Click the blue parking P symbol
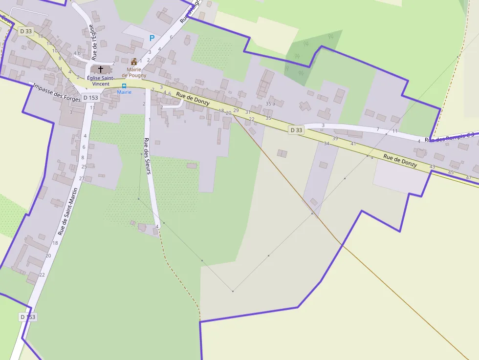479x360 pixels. [152, 38]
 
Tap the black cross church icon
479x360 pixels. [101, 69]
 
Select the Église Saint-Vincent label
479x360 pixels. [101, 81]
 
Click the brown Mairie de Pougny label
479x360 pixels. [134, 72]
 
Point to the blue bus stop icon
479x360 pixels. [124, 86]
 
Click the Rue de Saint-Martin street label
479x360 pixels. [68, 210]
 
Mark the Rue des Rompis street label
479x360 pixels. [447, 138]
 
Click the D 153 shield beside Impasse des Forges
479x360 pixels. [90, 98]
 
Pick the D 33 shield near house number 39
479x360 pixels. [296, 130]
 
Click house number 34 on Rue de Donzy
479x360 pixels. [326, 143]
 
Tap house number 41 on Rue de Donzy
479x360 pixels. [353, 144]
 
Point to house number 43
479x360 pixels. [432, 167]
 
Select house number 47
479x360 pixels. [469, 177]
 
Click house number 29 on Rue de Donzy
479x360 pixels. [236, 110]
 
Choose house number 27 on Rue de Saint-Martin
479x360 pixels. [82, 178]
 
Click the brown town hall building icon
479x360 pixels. [134, 62]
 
